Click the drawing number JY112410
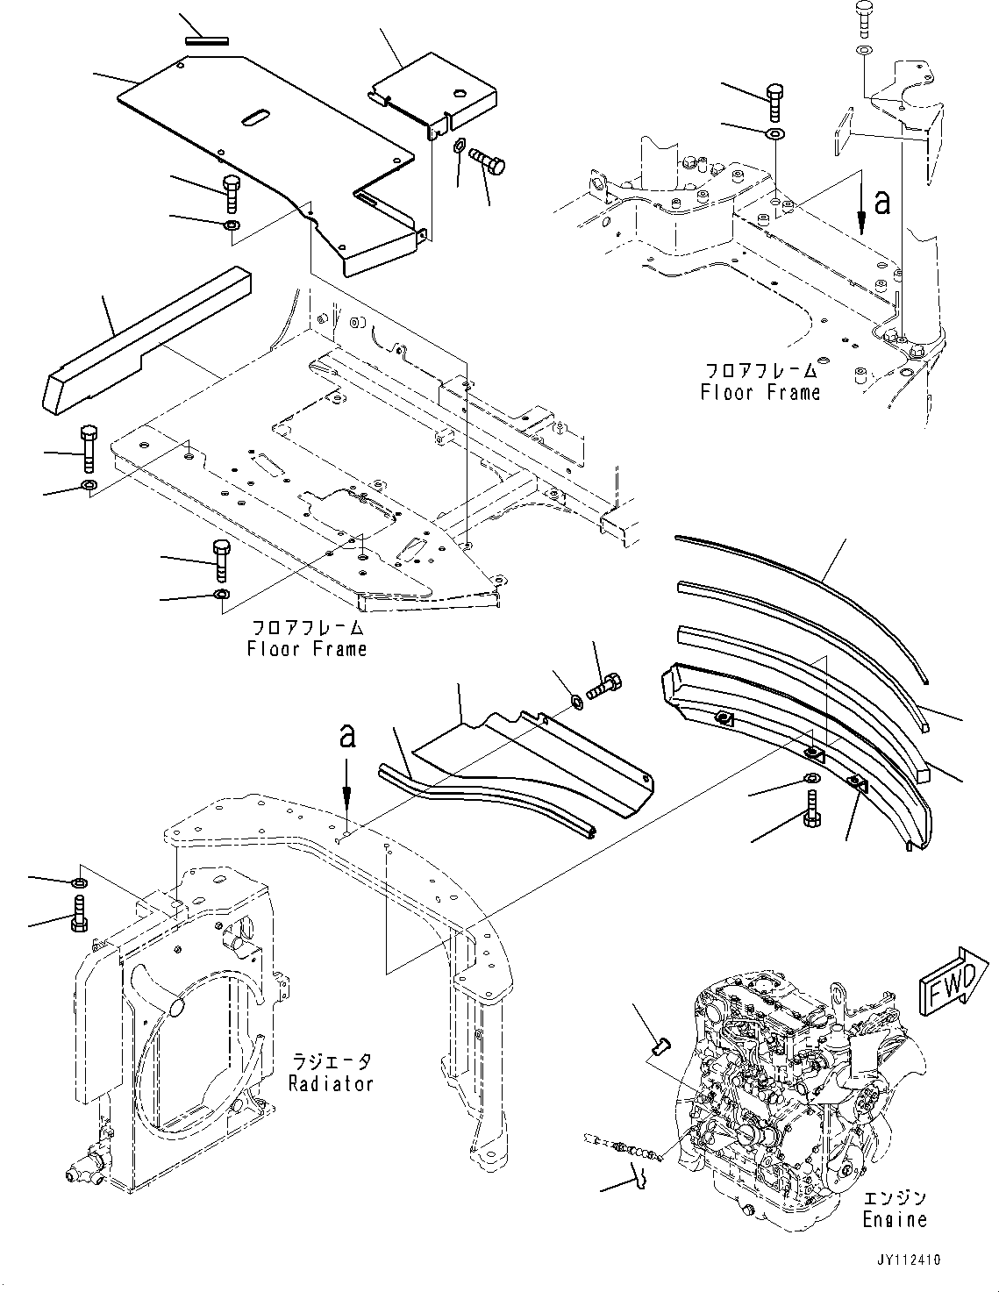907,1260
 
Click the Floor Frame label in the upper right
760,392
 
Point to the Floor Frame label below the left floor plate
306,649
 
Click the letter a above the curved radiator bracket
347,735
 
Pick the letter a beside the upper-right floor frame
882,203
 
